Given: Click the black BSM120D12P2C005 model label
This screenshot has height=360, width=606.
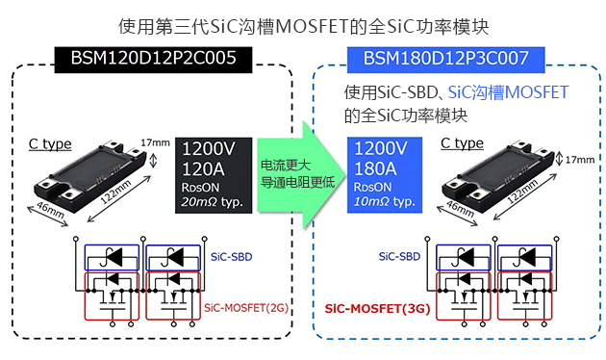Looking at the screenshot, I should [x=154, y=59].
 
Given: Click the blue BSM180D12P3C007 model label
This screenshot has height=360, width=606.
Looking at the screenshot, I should [x=445, y=59].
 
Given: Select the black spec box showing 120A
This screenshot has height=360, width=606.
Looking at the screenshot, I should [x=214, y=175].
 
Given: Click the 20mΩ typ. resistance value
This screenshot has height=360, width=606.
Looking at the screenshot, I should [x=213, y=202].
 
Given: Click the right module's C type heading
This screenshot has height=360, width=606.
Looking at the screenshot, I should [x=462, y=144].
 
